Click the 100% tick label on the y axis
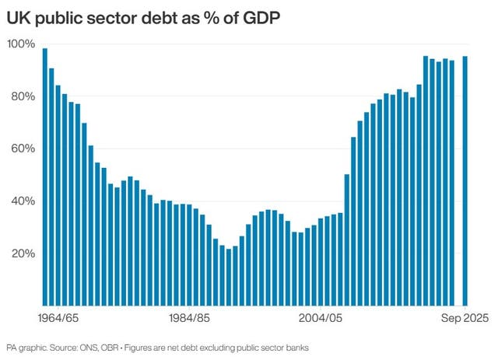[x=21, y=44]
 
